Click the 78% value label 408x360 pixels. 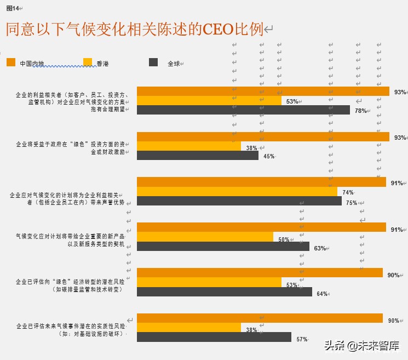(x=360, y=111)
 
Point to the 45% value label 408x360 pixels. (x=268, y=157)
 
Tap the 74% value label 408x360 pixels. (x=348, y=192)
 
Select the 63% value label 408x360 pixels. (x=320, y=248)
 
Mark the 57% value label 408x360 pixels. (x=302, y=339)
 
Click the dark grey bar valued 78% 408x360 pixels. (x=243, y=110)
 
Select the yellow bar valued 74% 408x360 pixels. (x=237, y=192)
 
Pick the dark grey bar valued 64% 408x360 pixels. (x=224, y=292)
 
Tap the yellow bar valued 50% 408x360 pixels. (x=205, y=237)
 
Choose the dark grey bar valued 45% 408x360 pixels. (x=197, y=156)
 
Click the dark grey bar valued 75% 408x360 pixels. (x=239, y=201)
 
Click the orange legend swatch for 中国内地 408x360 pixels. (x=11, y=63)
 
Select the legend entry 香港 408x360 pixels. (x=102, y=64)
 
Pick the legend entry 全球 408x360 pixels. (x=173, y=64)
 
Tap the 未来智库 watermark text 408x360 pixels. (x=378, y=346)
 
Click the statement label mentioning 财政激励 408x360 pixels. (x=71, y=148)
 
